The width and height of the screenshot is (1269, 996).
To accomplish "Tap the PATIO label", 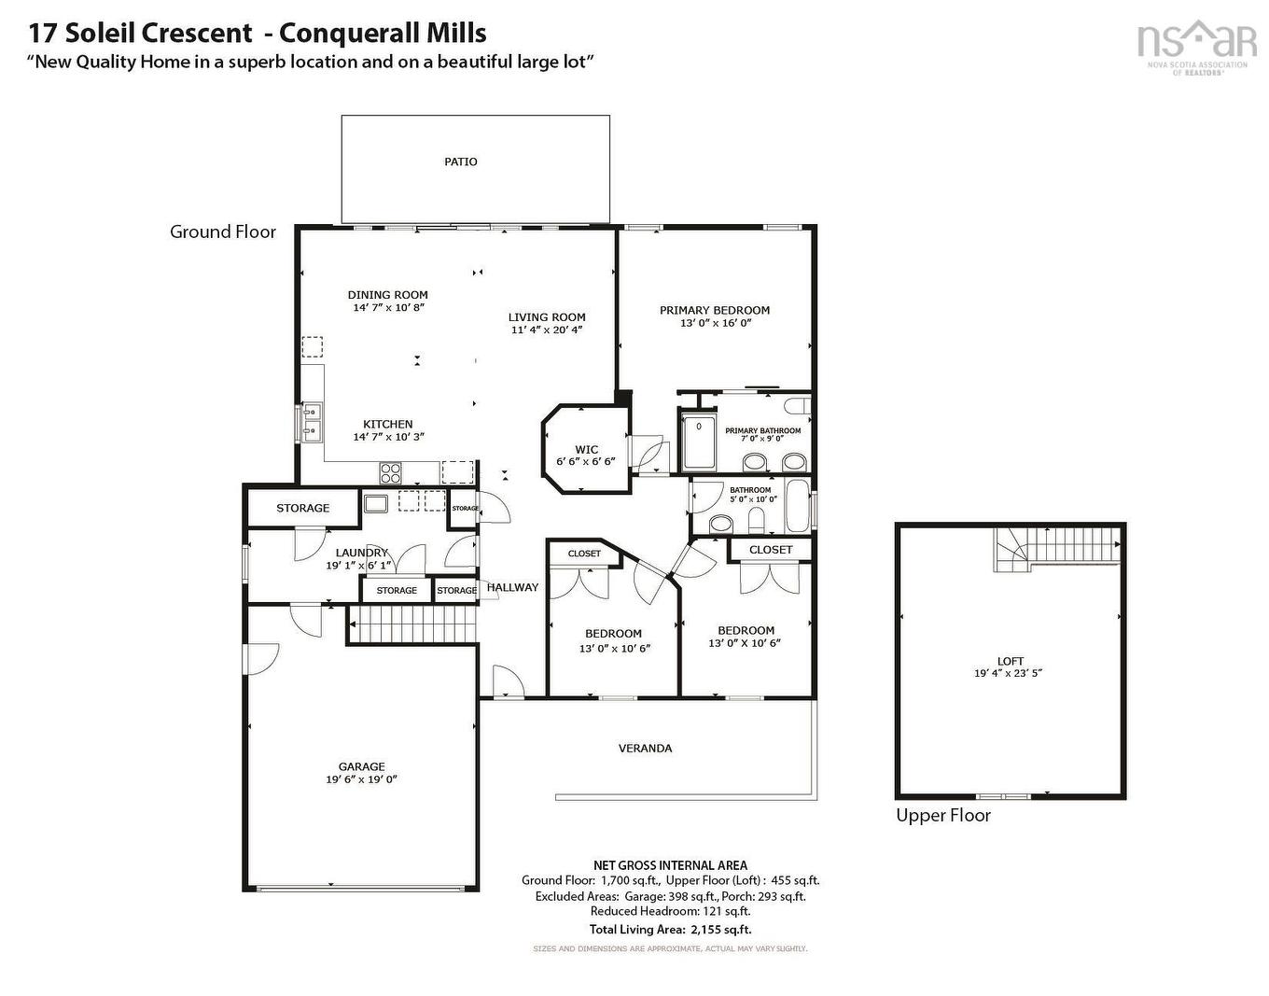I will coord(460,161).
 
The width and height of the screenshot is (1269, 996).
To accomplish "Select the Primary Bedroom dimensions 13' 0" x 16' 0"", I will coord(715,323).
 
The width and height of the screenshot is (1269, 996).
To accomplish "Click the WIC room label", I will coord(586,449).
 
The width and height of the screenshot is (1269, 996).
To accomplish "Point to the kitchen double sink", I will coord(311,422).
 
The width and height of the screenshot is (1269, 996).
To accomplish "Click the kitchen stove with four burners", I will coord(390,470).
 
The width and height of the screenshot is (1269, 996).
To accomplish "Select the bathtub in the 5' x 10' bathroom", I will coord(798,506).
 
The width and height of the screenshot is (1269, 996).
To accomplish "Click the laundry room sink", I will coord(376,504).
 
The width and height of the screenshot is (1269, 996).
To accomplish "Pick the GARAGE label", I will coord(361,766).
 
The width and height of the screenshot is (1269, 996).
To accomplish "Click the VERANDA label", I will coord(645,748).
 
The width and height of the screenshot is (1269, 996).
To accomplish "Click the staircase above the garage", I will coord(412,624).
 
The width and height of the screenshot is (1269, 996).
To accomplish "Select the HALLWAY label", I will coord(512,587).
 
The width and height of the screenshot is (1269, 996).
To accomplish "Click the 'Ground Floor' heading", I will coord(223,231).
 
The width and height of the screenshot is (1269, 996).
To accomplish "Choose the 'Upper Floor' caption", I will coord(942,815).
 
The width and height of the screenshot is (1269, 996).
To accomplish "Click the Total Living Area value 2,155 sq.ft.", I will coord(720,930).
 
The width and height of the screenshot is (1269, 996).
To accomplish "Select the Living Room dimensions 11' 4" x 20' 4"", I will coord(546,330).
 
